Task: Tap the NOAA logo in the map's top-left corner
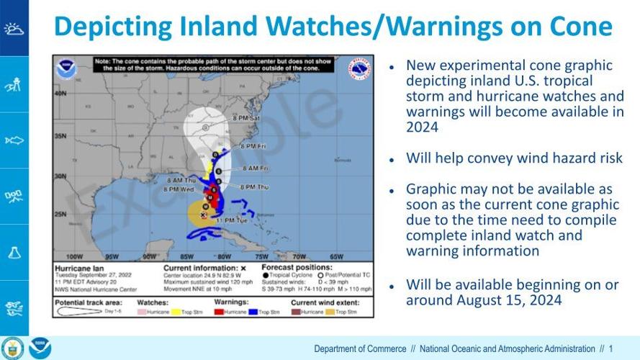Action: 66,70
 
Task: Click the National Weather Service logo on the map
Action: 361,70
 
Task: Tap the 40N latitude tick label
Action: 60,94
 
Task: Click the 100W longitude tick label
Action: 73,256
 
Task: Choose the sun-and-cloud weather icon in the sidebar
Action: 14,28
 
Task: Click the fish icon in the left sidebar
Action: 14,140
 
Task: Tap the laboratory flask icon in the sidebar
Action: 14,252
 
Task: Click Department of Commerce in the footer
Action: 360,349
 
